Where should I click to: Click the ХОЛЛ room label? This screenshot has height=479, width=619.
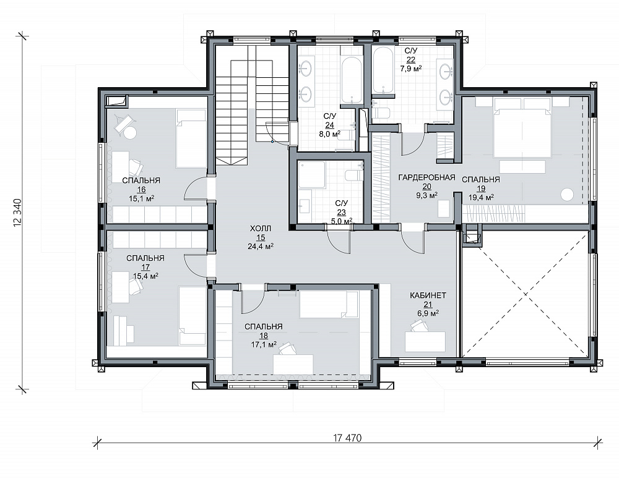261,229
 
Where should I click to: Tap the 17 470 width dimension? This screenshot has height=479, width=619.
347,438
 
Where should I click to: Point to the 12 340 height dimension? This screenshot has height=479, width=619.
17,213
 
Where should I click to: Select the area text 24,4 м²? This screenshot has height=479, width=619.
261,247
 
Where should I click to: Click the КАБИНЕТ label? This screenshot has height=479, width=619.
428,295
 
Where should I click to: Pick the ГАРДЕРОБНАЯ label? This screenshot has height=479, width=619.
426,177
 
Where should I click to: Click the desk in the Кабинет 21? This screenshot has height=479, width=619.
425,341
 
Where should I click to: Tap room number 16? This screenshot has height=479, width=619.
141,190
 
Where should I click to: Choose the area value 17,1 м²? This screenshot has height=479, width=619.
263,345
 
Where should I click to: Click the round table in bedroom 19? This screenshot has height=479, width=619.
568,195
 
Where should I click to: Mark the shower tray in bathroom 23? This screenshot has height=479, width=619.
311,175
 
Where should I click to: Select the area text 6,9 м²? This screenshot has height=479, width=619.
428,313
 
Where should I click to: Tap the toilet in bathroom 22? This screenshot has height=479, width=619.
381,112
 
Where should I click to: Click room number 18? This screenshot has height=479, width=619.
263,336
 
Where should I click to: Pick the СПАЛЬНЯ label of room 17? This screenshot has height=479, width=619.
145,258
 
